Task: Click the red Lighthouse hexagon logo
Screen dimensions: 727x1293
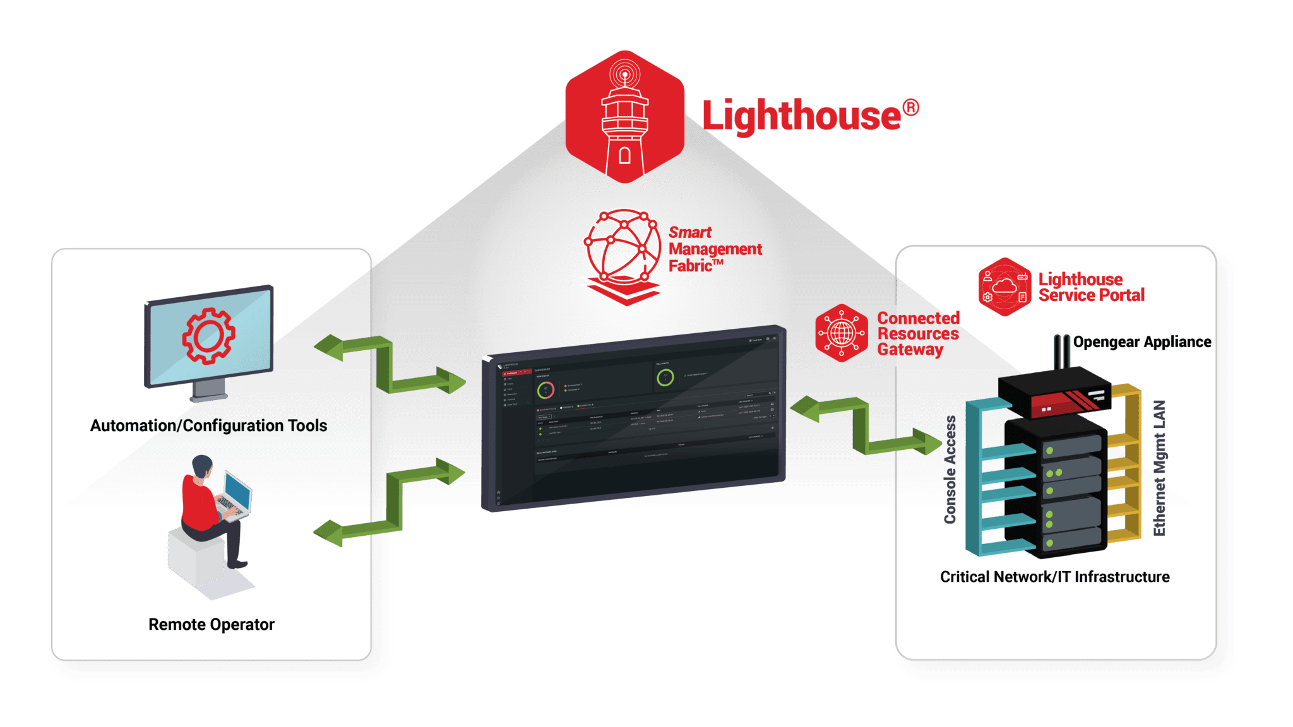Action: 624,117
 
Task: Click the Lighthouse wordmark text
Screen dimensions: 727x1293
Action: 802,115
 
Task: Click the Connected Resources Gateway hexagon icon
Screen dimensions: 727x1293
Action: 841,333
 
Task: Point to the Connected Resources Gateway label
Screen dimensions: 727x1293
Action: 917,334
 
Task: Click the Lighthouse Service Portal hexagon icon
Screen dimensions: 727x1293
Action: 1004,287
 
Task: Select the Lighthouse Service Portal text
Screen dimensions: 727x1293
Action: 1090,287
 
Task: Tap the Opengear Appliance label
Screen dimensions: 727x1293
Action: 1141,342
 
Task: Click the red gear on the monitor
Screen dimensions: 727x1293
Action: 208,336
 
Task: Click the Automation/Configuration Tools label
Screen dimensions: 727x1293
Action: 208,426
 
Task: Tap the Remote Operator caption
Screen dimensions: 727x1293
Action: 211,625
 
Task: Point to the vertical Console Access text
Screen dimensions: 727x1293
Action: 950,470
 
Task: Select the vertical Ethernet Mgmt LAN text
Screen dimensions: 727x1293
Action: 1159,468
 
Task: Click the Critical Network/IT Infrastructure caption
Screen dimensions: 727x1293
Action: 1054,577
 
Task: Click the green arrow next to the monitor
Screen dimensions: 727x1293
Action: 390,365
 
